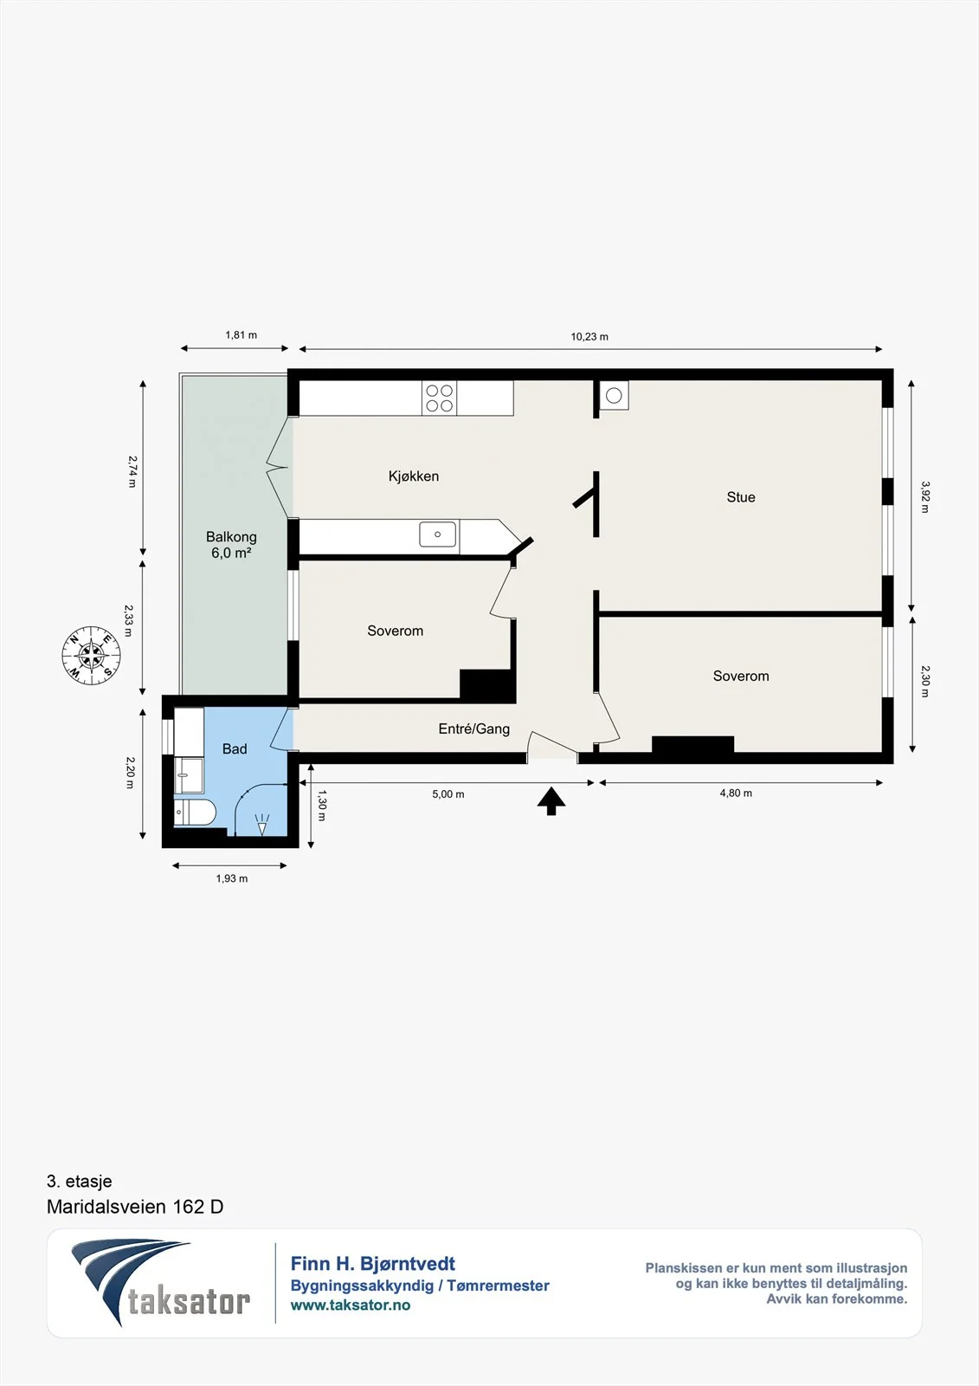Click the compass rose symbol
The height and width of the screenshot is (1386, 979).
click(x=92, y=655)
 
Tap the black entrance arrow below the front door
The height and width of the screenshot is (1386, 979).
click(x=551, y=800)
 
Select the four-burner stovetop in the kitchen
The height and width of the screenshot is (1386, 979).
click(x=439, y=398)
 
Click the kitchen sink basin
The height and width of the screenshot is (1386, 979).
click(x=438, y=534)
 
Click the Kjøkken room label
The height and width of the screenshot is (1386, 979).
click(x=414, y=476)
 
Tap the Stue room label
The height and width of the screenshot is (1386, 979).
click(x=741, y=497)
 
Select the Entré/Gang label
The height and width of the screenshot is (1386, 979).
click(x=474, y=729)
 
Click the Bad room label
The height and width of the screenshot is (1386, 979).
click(x=235, y=748)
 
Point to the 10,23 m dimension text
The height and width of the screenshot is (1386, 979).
click(x=589, y=337)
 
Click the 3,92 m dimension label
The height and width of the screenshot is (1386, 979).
click(x=925, y=497)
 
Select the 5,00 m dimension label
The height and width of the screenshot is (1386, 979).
click(x=448, y=793)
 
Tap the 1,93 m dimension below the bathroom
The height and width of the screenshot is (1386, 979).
click(x=232, y=878)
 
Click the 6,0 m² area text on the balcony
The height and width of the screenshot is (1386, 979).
click(x=231, y=553)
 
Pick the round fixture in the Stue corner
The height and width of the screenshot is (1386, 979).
click(x=614, y=395)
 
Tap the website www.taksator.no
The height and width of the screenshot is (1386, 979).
click(x=351, y=1305)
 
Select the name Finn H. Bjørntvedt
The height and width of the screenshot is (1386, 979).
click(x=373, y=1264)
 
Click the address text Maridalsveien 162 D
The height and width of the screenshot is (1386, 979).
click(x=135, y=1207)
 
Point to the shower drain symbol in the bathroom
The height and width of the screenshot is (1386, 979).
click(x=262, y=824)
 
